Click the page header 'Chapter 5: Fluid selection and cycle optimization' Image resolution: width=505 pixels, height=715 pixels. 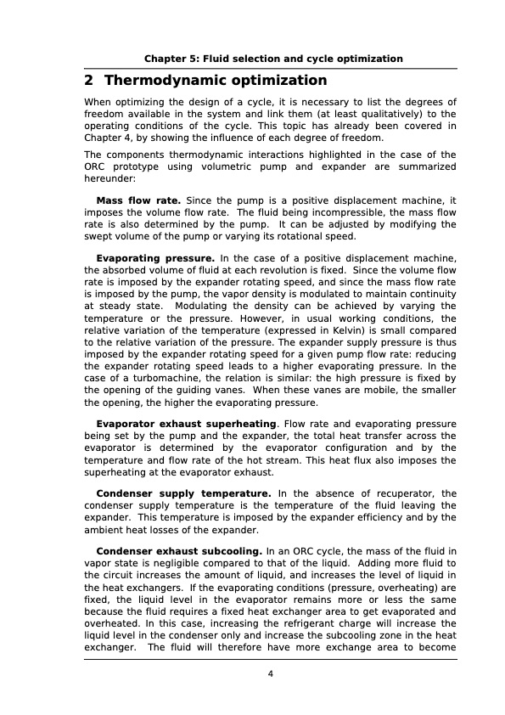pos(272,59)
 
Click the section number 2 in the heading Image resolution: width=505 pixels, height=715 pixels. pos(88,81)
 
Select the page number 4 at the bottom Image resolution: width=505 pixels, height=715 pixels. pos(270,674)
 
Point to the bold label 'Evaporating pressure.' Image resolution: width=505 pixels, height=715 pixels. pos(155,257)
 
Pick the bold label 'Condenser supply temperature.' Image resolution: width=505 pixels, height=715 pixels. pos(184,493)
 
